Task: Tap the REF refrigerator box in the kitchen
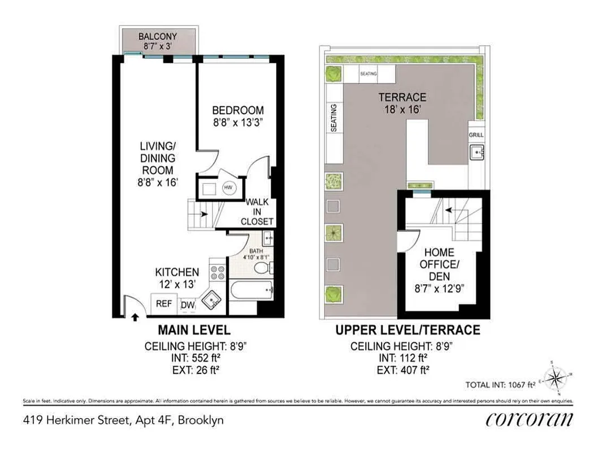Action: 164,303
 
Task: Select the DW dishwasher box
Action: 188,306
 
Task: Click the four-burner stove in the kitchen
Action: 218,273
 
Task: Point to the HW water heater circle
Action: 229,188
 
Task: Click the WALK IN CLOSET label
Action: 257,212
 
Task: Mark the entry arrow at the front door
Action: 135,317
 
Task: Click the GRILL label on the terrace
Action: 476,135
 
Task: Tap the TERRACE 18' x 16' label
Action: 402,103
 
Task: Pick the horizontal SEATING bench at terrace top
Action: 368,73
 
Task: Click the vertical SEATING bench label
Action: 333,118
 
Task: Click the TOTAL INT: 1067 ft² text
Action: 500,385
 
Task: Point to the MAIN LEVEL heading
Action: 193,330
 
